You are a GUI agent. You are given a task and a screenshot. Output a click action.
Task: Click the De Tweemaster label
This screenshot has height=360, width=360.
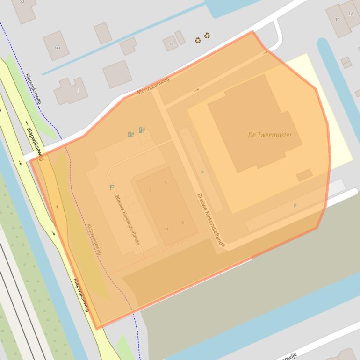270,135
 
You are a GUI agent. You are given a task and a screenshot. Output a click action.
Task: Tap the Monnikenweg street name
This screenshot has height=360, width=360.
153,86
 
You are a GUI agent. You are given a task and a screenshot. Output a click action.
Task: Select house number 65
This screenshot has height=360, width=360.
58,47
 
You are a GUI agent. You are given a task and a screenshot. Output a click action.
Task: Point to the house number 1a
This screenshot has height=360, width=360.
171,44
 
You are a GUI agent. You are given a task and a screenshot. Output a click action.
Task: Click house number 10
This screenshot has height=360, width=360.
337,20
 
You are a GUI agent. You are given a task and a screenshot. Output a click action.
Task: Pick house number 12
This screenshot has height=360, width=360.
351,14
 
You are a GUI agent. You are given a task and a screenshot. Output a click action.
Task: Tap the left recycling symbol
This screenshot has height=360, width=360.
198,40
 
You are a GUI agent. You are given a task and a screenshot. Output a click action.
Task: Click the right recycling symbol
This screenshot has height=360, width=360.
207,36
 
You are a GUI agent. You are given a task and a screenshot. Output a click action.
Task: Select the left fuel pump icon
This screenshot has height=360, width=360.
131,135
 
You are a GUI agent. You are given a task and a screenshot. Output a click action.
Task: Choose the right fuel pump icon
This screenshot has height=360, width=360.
142,130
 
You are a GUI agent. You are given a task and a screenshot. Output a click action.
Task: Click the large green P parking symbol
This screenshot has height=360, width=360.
112,187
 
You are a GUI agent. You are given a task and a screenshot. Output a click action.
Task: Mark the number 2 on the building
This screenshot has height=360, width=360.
150,189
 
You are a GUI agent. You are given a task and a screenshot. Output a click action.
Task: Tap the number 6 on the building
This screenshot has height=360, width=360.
166,182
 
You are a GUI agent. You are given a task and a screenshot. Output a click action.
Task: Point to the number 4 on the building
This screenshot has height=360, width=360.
167,229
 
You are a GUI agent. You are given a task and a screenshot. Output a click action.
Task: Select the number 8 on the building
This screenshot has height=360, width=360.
183,223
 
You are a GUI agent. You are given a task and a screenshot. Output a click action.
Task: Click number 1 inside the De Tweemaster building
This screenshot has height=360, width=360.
253,125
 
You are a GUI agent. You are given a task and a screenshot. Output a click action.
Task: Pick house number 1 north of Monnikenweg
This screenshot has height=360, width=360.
77,90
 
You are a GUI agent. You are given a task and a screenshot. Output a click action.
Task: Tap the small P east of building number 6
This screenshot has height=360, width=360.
202,173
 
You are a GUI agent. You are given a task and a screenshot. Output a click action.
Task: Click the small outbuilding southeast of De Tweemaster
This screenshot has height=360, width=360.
304,175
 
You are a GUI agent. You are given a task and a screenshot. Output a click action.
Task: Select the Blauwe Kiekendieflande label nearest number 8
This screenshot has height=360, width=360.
211,220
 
